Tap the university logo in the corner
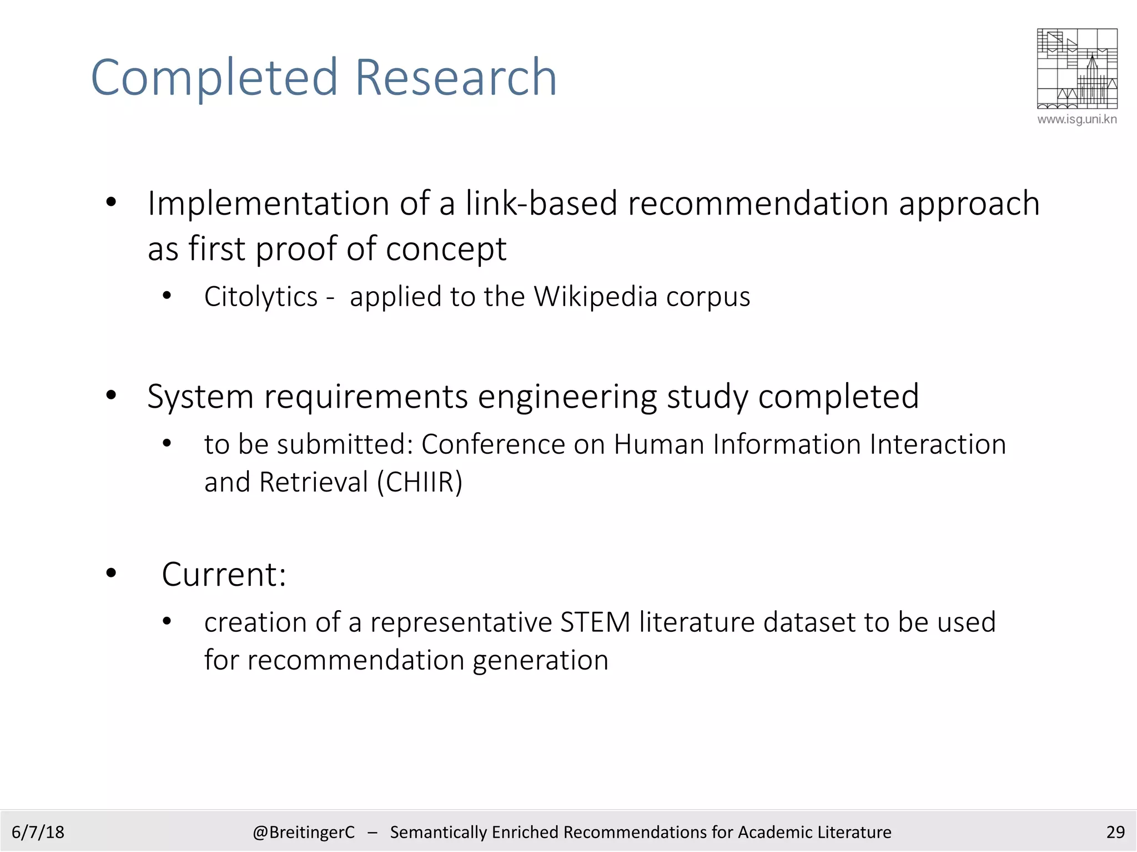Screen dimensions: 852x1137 (1076, 68)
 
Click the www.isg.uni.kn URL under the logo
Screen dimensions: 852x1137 (1076, 119)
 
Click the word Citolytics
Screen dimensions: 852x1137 (261, 297)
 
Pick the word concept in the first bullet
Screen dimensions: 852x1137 (446, 249)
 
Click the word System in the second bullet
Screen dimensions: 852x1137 (200, 397)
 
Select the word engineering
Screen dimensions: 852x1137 (567, 397)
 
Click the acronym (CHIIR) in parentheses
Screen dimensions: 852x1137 (420, 482)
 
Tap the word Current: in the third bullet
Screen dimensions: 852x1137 (224, 574)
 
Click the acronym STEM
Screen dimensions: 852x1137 (595, 622)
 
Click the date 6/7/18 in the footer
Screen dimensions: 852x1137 (38, 832)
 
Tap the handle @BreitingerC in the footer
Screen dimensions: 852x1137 (303, 832)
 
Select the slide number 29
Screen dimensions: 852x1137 (1115, 832)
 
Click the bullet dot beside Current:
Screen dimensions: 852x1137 (111, 573)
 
